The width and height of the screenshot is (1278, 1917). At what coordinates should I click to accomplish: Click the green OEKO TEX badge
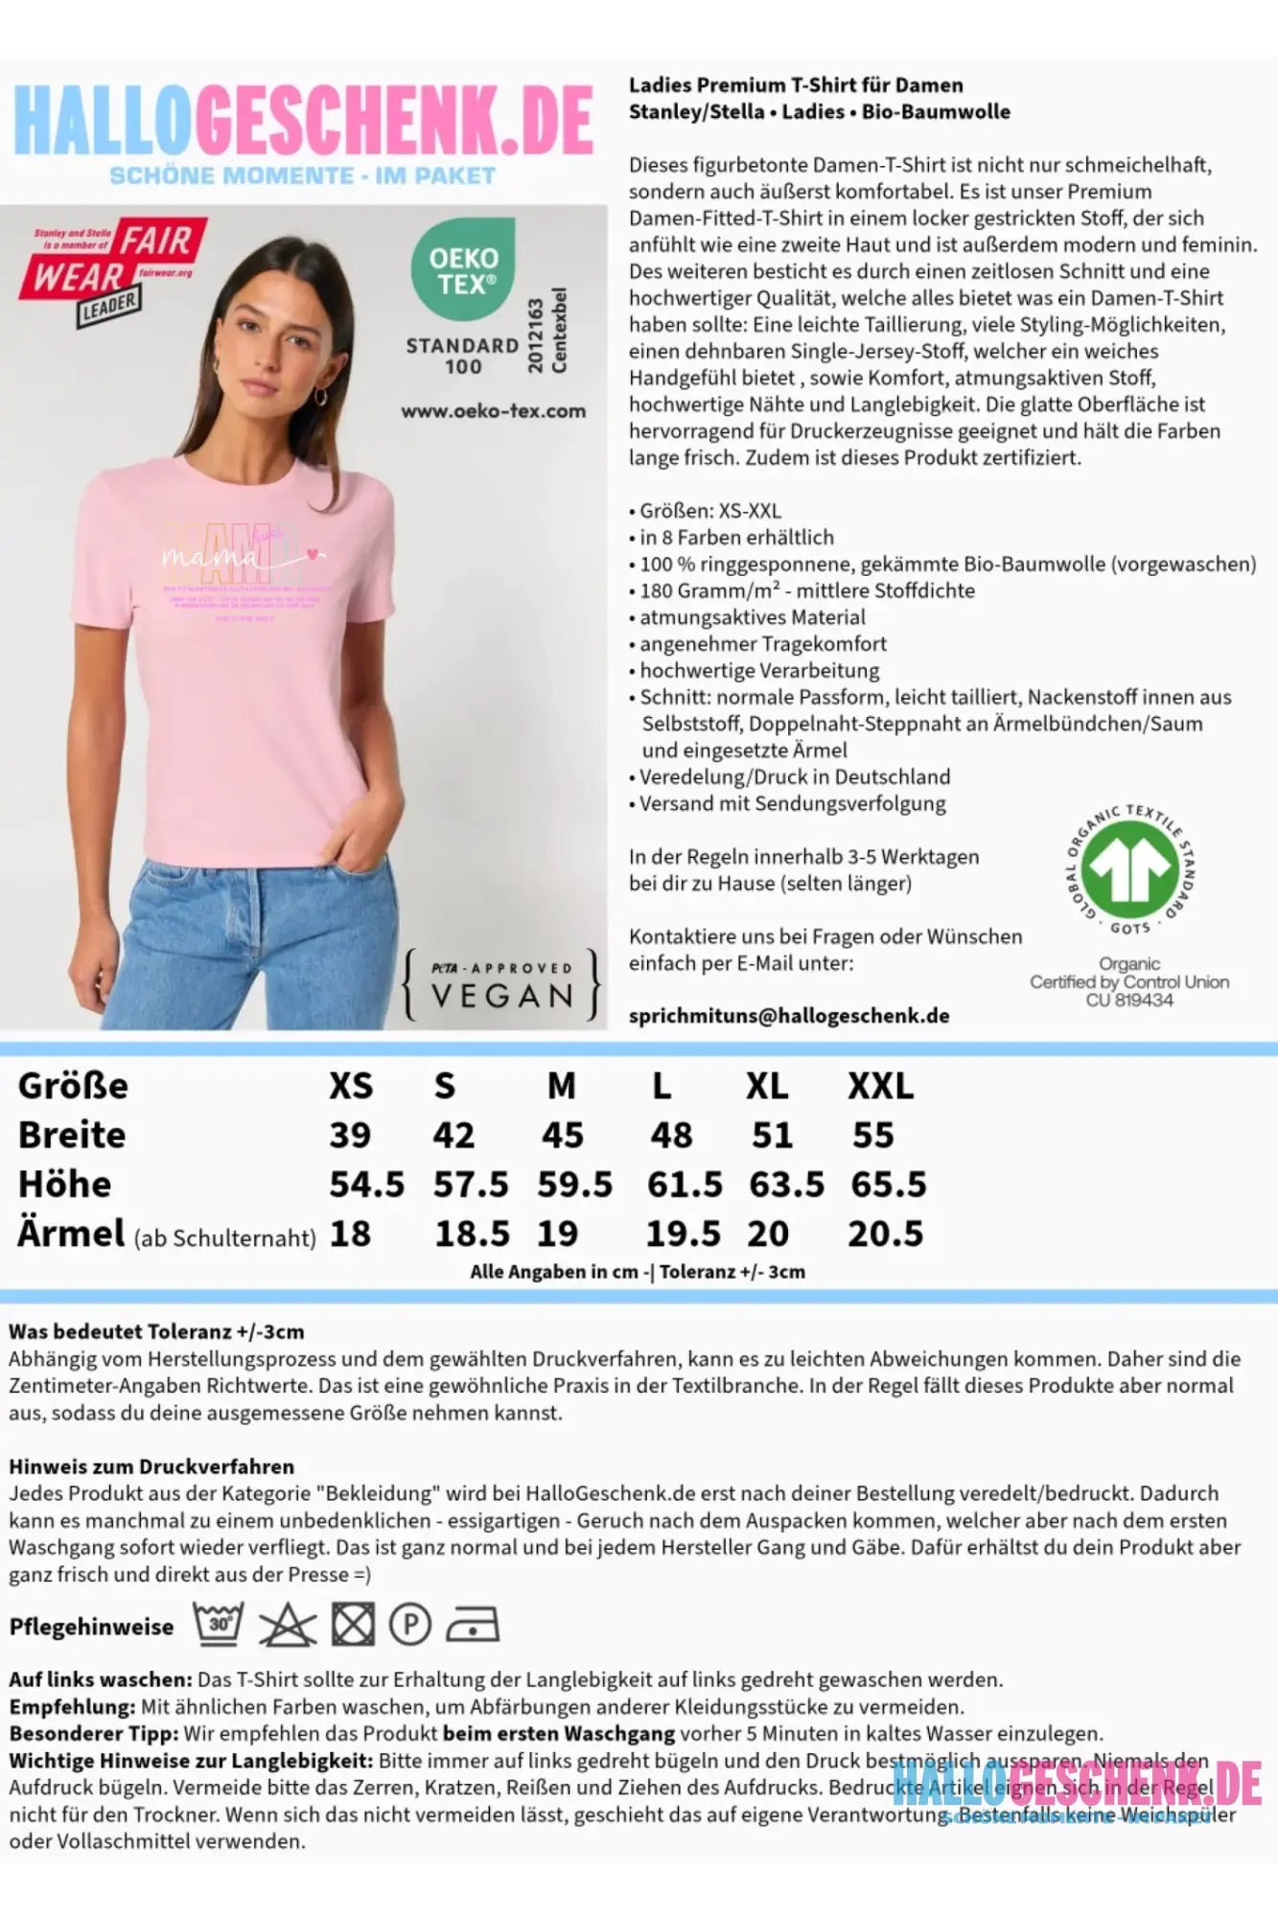pos(462,269)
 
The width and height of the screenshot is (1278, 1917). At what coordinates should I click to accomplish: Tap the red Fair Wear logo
pos(110,268)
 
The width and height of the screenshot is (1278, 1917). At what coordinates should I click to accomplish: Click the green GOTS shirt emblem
pos(1130,868)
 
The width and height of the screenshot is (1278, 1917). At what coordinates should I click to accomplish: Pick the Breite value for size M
pos(562,1136)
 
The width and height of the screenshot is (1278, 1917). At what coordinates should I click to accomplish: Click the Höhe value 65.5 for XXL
pos(888,1185)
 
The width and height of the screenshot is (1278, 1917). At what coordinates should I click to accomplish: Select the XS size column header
pos(350,1087)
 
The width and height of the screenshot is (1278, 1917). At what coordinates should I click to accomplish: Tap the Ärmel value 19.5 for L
pos(683,1235)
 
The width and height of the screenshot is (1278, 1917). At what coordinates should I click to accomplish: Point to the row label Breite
pos(72,1136)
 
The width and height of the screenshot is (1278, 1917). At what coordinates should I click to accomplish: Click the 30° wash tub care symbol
pos(219,1625)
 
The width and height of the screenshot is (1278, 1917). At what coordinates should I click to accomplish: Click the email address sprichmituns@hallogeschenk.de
pos(789,1016)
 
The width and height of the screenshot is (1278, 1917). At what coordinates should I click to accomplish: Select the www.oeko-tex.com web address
pos(493,411)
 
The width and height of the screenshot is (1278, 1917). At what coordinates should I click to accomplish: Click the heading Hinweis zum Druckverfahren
pos(151,1467)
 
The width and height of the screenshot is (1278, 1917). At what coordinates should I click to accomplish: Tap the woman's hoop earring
pos(322,395)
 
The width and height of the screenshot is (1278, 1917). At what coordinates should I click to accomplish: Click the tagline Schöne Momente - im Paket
pos(302,176)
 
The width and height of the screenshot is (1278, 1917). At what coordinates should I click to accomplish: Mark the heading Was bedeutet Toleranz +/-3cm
pos(156,1331)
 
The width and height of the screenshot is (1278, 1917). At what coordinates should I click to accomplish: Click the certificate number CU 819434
pos(1129,1001)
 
